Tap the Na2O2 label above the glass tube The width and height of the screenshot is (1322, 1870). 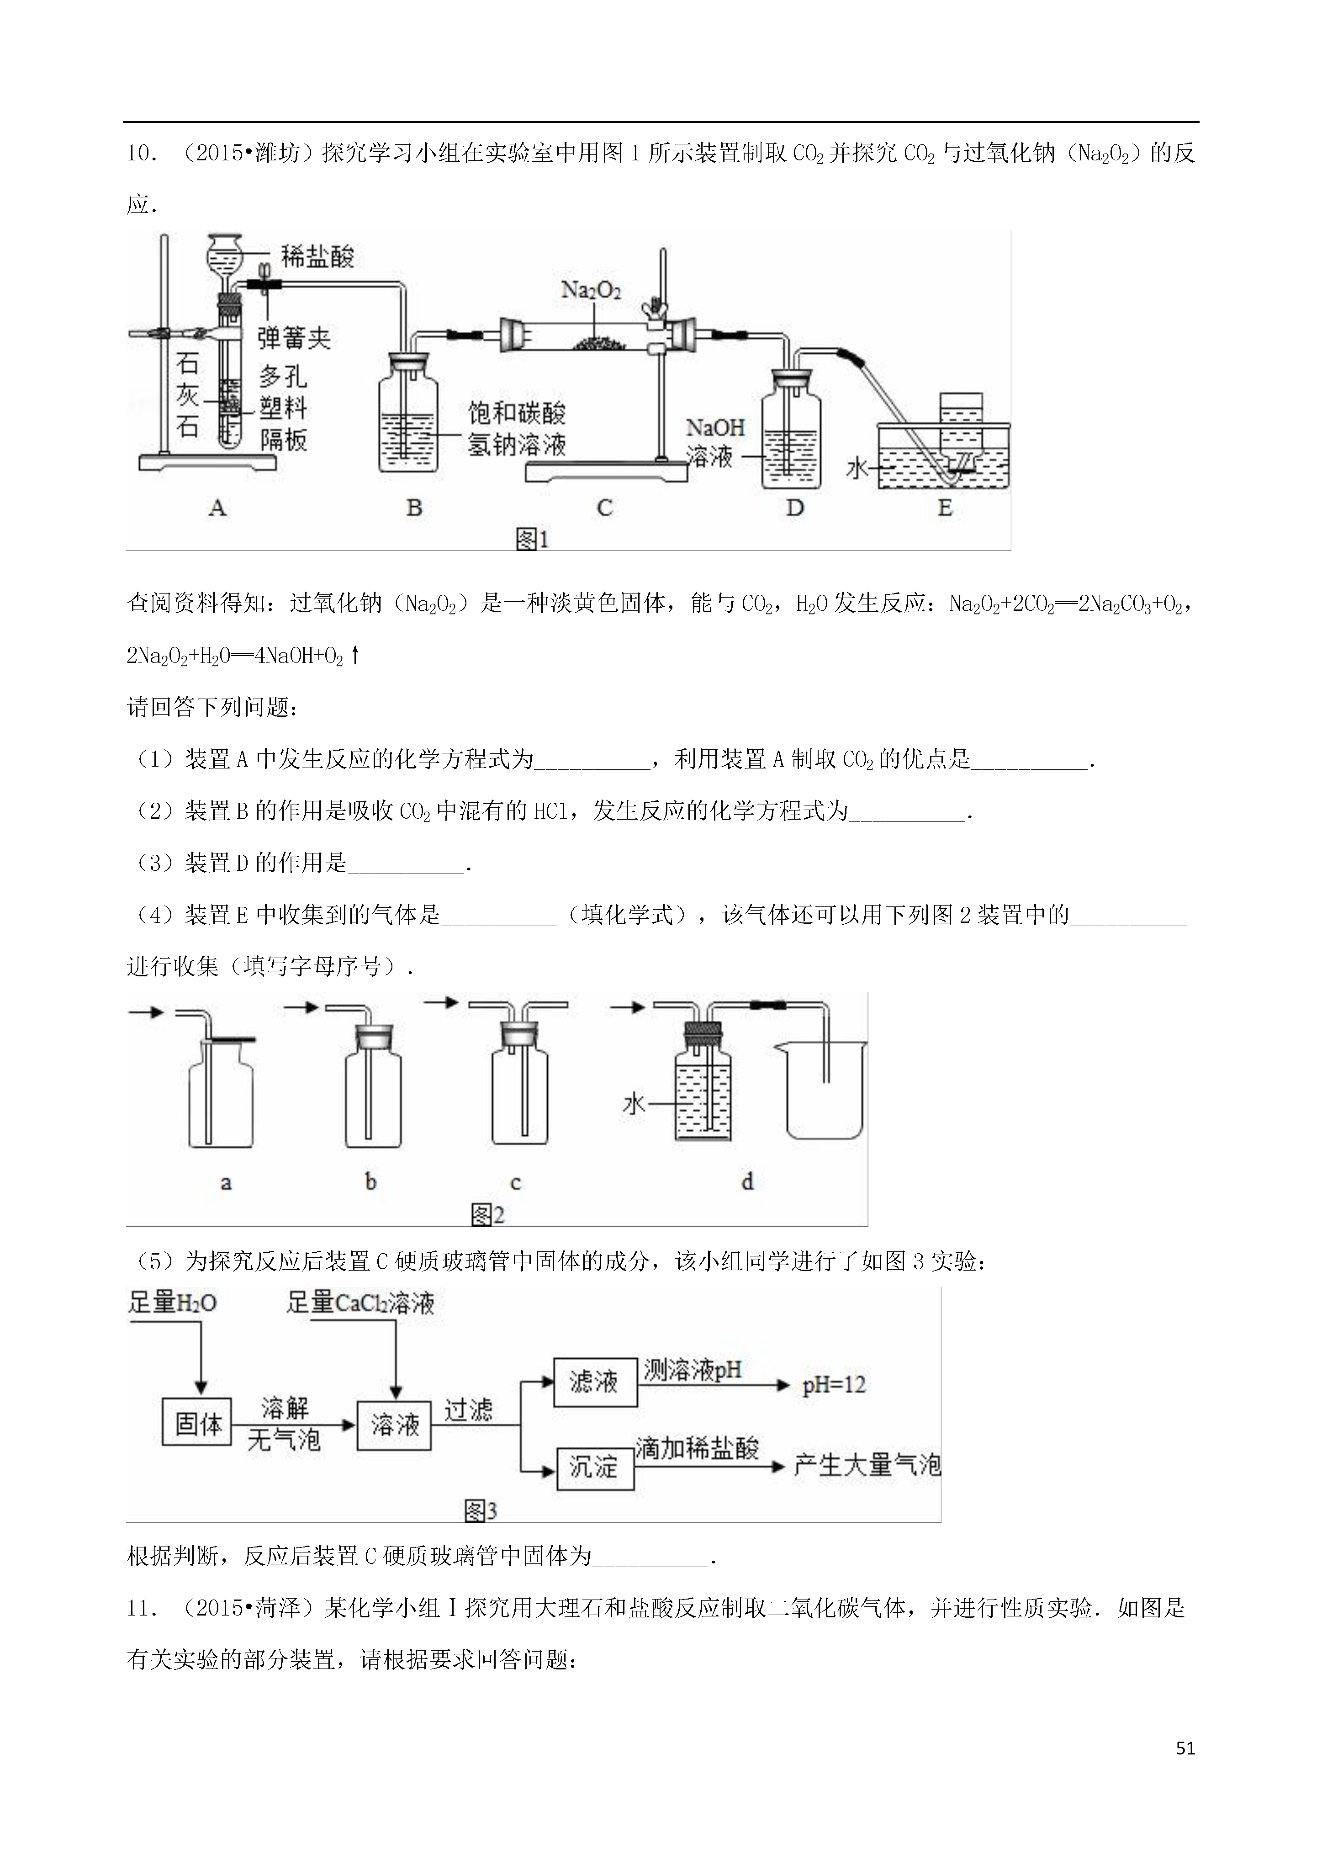[x=592, y=290]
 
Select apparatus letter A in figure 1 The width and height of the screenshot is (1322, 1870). [x=217, y=508]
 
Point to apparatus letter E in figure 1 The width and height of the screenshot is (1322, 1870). [x=945, y=508]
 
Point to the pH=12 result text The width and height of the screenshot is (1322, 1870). [x=834, y=1385]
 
